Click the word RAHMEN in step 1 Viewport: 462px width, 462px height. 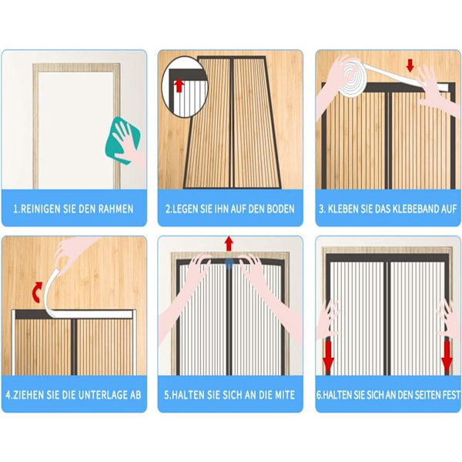(x=115, y=209)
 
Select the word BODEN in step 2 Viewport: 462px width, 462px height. (x=280, y=209)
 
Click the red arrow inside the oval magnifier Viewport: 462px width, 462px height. (x=179, y=85)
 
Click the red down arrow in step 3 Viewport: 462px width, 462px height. (x=410, y=65)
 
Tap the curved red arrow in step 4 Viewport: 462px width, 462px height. (x=37, y=292)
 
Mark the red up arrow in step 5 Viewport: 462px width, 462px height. (x=229, y=243)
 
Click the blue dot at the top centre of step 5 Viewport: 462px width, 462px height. (x=229, y=262)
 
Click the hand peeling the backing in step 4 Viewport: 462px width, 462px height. (x=72, y=253)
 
